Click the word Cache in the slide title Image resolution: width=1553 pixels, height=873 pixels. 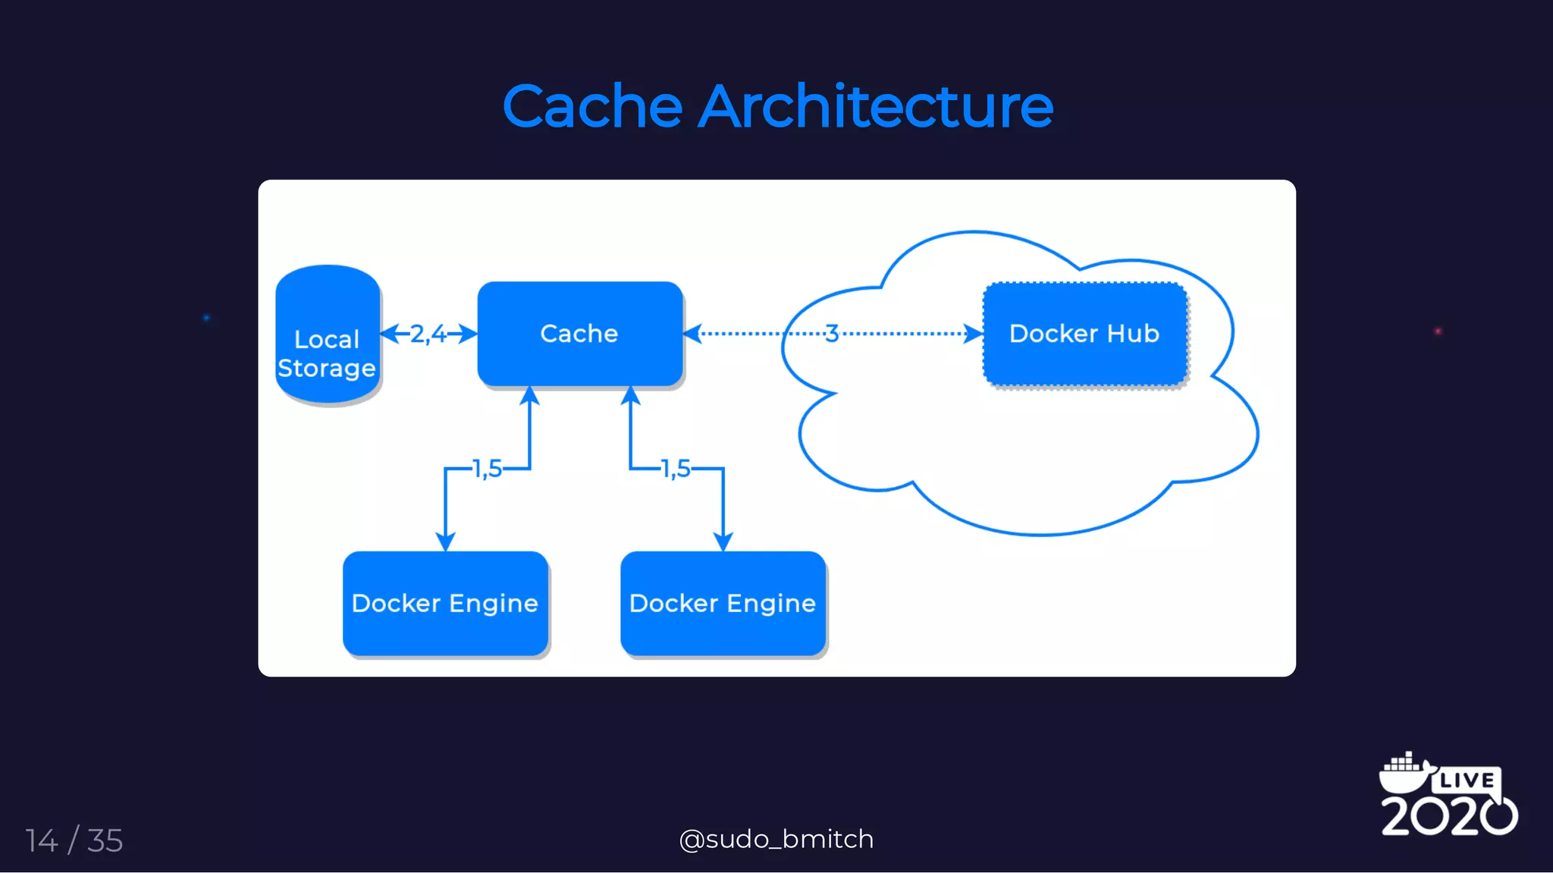point(592,106)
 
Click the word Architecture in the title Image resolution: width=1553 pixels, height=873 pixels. point(875,106)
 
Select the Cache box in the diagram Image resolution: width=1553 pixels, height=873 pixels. point(579,334)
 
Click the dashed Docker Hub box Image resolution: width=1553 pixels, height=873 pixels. point(1084,334)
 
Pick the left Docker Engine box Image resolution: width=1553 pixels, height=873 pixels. point(445,603)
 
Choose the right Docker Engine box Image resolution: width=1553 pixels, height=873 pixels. point(723,603)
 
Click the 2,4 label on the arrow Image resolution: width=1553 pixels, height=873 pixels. point(428,334)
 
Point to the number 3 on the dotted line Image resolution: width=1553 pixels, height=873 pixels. point(832,334)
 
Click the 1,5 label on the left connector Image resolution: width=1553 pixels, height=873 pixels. point(487,469)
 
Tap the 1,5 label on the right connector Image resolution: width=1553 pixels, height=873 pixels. point(676,469)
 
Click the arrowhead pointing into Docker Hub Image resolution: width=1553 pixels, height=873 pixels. point(974,334)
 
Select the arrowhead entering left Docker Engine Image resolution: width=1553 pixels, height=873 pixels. point(445,542)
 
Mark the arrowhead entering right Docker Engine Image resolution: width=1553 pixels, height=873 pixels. point(723,542)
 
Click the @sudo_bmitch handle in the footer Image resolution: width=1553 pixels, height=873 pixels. point(776,839)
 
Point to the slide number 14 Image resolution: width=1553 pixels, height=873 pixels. point(42,840)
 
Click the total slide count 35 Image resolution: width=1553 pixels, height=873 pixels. point(105,840)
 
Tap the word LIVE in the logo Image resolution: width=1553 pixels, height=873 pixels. point(1467,780)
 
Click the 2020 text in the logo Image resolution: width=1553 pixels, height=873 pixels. point(1448,816)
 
